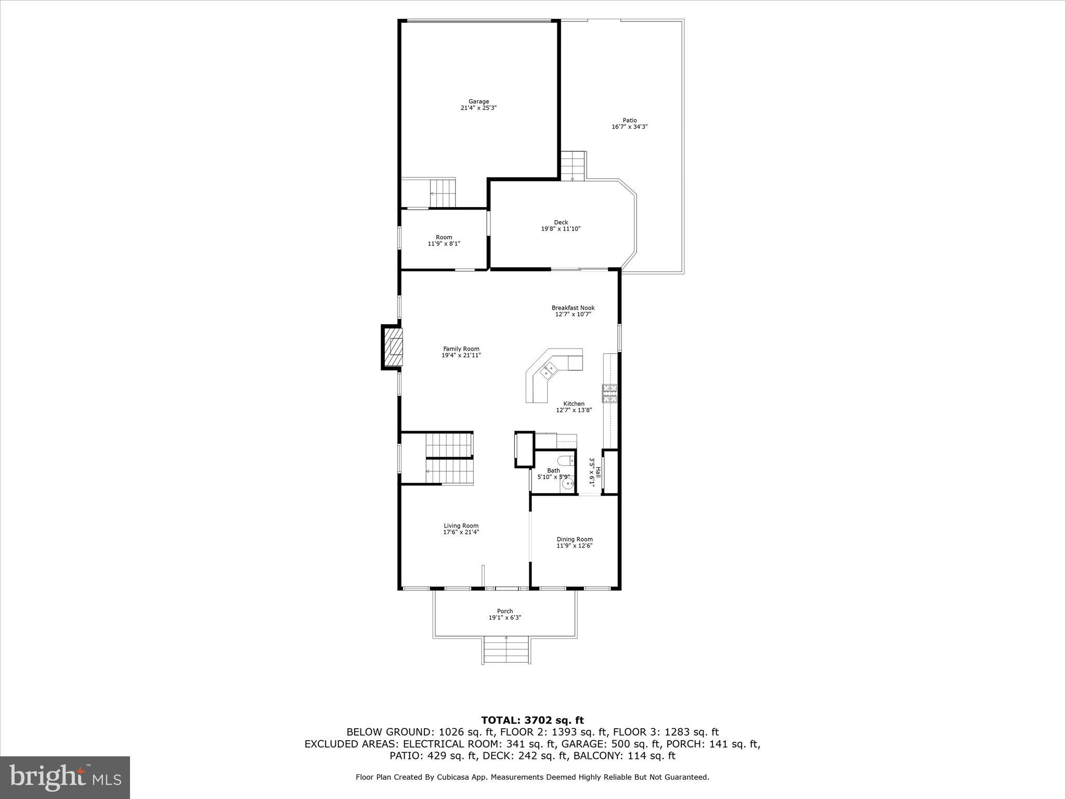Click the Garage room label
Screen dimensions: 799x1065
(x=478, y=101)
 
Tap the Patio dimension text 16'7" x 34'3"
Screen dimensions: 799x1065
(x=629, y=127)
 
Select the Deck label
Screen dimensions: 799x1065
(x=561, y=222)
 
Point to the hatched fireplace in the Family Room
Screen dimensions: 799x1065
(x=393, y=347)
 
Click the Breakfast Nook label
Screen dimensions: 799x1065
(x=573, y=307)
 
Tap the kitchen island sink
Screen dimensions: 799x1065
(x=548, y=370)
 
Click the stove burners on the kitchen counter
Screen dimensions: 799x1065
(x=609, y=393)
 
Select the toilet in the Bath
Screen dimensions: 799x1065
(x=564, y=461)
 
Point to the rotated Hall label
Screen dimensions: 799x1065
(x=598, y=472)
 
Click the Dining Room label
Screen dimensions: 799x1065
(x=574, y=539)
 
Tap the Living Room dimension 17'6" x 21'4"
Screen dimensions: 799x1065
(x=461, y=532)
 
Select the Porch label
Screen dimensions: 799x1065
(x=504, y=611)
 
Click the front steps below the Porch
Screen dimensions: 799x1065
(x=506, y=651)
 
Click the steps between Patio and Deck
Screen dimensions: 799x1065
(x=573, y=165)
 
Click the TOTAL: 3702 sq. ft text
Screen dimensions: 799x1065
(x=532, y=720)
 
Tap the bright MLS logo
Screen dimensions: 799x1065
(x=65, y=778)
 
